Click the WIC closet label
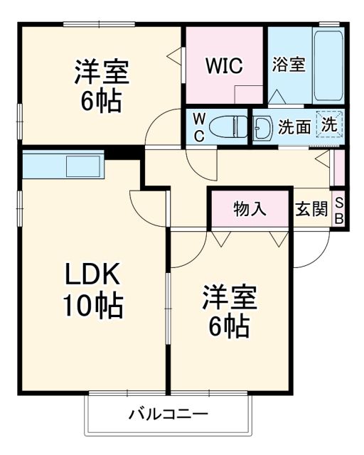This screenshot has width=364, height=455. tap(225, 65)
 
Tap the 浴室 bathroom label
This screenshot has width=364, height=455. tap(289, 64)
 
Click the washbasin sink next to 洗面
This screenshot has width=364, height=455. tap(262, 127)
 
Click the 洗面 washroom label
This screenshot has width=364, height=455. tap(294, 127)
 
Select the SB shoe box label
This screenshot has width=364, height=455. tap(339, 210)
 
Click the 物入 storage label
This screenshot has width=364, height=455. tap(250, 209)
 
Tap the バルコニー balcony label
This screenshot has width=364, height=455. tap(168, 414)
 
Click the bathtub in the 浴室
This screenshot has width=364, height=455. tap(328, 68)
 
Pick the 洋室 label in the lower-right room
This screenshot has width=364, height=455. tap(229, 297)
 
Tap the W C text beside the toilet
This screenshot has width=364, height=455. tap(199, 127)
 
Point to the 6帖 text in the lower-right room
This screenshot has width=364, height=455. tap(229, 326)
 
